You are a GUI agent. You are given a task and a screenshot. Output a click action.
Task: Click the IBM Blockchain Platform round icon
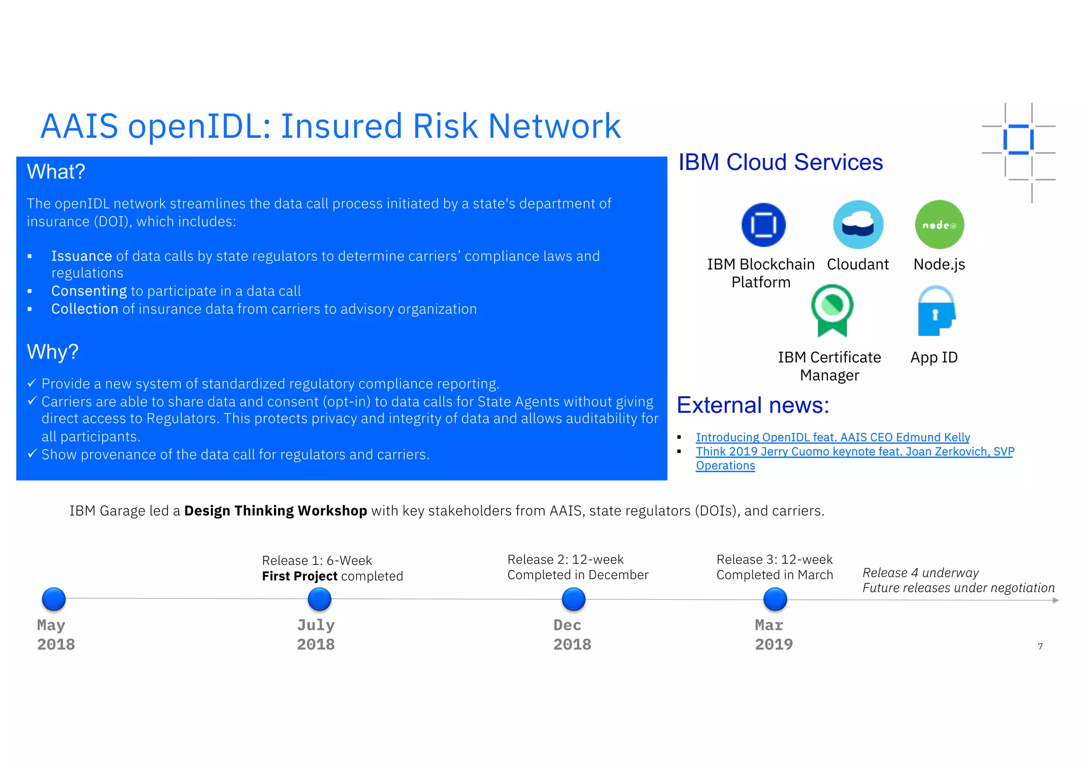coord(763,225)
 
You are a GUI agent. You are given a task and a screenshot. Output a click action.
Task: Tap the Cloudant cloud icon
coord(858,225)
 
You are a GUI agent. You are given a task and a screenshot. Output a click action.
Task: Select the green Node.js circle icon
coord(939,224)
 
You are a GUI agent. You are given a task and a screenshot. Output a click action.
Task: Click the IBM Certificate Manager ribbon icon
coord(832,310)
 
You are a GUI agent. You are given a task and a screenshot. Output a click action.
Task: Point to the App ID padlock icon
coord(936,311)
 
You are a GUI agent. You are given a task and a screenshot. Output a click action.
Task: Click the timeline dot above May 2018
coord(54,599)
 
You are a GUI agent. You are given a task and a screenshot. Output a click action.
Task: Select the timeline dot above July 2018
coord(319,599)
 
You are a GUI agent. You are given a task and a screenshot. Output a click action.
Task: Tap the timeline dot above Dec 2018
coord(573,599)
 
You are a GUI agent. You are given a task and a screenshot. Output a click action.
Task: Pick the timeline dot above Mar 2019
coord(775,599)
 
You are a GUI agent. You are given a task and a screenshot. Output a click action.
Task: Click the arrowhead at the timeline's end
coord(1055,600)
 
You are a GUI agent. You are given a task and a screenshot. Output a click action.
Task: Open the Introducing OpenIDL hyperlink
coord(832,437)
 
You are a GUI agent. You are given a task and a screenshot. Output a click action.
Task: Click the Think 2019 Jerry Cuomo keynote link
coord(854,452)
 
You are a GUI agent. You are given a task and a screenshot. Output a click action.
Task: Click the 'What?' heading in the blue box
coord(56,172)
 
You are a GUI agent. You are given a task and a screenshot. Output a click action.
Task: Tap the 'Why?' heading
coord(52,352)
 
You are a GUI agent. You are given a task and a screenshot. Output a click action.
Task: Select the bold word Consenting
coord(88,291)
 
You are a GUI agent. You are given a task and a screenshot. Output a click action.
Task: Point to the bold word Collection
coord(84,309)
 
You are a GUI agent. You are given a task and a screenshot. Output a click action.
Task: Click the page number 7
coord(1040,646)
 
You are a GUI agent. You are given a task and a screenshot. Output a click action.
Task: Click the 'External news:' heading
coord(752,405)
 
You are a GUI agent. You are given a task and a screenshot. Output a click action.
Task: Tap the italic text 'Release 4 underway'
coord(920,573)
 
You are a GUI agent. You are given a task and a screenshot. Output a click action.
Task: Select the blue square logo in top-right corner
coord(1018,140)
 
